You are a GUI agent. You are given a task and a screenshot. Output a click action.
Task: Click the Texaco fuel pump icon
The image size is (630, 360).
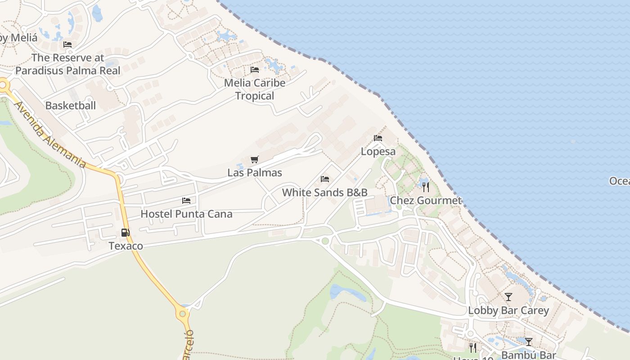coord(126,233)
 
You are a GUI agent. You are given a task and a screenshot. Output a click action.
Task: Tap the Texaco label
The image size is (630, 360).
coord(126,246)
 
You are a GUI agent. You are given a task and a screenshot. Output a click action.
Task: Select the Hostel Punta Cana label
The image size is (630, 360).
coord(186,214)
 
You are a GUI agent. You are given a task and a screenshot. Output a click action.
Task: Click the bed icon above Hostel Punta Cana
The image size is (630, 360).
coord(186,200)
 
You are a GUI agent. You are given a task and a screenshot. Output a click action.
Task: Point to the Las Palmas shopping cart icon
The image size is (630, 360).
coord(255,159)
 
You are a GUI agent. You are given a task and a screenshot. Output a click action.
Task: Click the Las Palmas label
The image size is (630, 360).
coord(255,173)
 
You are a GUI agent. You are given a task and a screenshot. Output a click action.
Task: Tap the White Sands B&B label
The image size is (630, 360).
coord(325,193)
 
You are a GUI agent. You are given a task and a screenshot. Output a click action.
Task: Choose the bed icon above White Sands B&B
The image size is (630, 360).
coord(325,179)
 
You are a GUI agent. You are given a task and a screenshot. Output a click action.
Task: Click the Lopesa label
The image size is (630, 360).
coord(378,152)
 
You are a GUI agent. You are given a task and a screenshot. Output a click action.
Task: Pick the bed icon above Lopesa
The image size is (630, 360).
coord(378,138)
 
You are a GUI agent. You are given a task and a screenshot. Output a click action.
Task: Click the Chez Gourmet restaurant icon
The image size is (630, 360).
coord(426,187)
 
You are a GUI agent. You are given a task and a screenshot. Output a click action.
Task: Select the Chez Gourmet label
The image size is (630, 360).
coord(426,201)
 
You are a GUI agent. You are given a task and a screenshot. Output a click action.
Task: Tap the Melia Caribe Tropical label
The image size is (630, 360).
coord(255,89)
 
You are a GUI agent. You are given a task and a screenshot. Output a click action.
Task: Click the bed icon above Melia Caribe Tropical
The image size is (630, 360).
coord(255,70)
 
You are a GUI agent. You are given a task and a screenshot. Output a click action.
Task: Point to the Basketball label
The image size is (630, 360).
coord(71,106)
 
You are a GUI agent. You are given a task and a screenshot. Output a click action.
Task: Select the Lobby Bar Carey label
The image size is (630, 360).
coord(508,310)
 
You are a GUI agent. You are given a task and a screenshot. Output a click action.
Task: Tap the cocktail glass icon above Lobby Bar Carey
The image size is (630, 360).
coord(508,297)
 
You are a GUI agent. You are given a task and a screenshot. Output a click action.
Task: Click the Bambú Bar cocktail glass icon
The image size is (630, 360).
coord(529,342)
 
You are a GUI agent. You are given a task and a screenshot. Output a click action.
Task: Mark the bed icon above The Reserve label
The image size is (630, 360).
coord(67,45)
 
